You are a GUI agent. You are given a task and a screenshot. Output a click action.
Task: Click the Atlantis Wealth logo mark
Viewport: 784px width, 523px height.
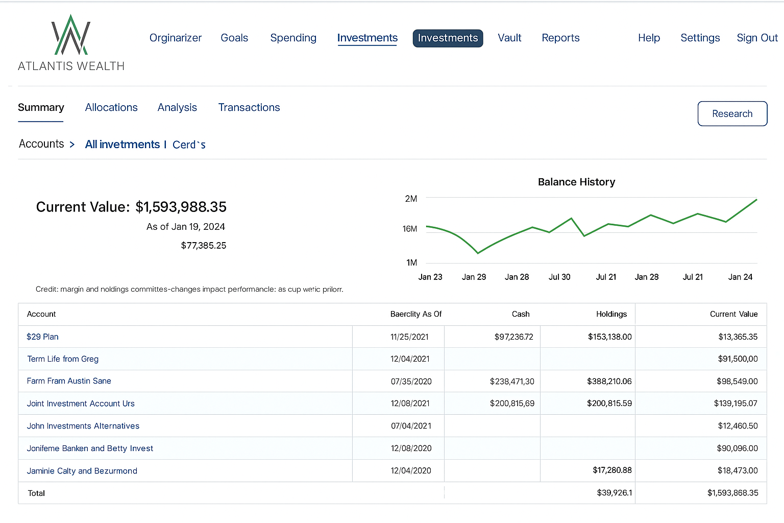point(71,36)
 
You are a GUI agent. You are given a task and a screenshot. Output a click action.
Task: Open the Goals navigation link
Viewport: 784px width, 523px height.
point(234,38)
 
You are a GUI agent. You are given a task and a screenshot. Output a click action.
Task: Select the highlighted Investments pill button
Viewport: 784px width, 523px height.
point(448,38)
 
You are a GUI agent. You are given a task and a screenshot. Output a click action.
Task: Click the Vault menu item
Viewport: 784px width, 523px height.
point(509,38)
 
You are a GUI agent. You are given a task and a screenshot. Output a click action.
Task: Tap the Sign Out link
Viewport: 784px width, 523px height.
point(757,38)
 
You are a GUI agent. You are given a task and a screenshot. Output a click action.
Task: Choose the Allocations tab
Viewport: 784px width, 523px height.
point(111,107)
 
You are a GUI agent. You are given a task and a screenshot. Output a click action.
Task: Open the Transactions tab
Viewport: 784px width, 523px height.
point(249,107)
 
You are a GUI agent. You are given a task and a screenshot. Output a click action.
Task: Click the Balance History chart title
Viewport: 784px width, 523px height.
point(576,182)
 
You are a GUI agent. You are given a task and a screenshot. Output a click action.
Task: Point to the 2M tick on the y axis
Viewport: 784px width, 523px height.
point(411,199)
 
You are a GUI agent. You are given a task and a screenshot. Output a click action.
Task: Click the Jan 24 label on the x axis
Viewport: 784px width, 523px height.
point(740,277)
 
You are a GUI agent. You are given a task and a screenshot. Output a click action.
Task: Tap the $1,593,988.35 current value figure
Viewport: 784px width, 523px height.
point(181,207)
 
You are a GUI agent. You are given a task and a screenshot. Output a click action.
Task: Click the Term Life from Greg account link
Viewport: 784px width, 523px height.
point(63,359)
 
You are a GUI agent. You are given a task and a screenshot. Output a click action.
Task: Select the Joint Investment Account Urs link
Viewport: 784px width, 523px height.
point(81,403)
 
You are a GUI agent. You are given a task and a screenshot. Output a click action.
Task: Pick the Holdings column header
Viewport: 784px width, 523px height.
point(611,314)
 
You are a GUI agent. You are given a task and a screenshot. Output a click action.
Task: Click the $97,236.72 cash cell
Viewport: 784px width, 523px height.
point(513,337)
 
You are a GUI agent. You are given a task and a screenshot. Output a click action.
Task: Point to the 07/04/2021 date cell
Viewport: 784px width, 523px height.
point(411,426)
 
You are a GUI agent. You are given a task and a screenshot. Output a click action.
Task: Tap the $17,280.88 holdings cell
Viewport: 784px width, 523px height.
point(612,470)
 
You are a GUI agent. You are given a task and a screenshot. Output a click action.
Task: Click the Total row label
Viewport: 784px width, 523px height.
point(36,493)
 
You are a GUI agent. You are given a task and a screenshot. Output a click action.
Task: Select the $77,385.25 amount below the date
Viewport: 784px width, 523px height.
point(203,246)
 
